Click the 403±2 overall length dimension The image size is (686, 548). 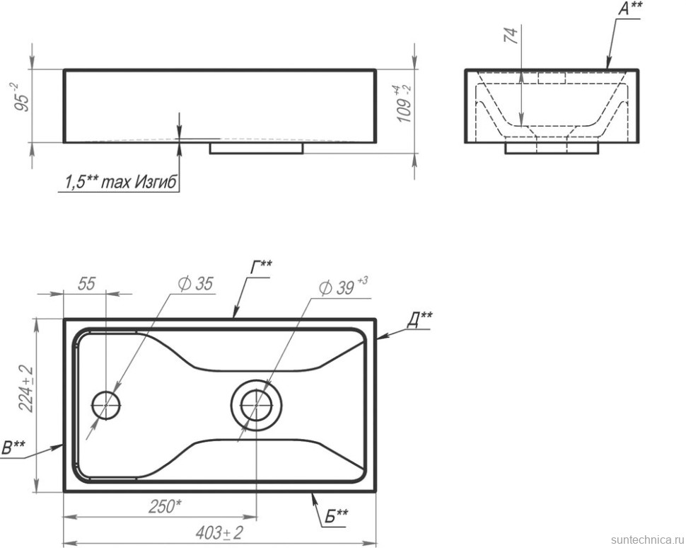click(x=219, y=532)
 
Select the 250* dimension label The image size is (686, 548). click(x=165, y=506)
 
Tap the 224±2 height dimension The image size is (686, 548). click(x=27, y=389)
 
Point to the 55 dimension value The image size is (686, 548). click(x=86, y=284)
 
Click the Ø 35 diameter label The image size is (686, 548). click(x=196, y=284)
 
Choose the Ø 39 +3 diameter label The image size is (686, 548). click(x=344, y=286)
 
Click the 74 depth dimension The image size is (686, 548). click(x=511, y=35)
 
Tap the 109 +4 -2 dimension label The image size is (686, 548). click(x=403, y=104)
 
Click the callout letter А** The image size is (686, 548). click(x=630, y=8)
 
